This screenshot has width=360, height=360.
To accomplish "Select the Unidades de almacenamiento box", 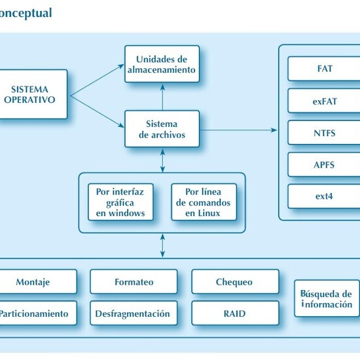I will click(x=162, y=63).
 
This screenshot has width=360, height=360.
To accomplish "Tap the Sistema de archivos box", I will click(x=162, y=129).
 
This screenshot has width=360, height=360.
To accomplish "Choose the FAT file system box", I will click(x=324, y=68).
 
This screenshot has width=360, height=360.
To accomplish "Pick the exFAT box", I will click(x=324, y=101).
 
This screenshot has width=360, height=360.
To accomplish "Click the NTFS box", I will click(x=324, y=133).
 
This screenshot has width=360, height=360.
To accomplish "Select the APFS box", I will click(x=324, y=164).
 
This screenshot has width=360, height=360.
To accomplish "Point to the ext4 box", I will click(x=324, y=196).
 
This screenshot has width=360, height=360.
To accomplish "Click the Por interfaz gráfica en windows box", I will click(x=120, y=202).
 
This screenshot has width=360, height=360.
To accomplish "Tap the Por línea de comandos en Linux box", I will click(x=202, y=202).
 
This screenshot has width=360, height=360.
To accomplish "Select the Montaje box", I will click(x=33, y=282).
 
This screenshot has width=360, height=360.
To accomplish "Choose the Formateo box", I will click(x=134, y=282).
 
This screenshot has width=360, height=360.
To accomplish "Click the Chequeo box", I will click(x=234, y=282).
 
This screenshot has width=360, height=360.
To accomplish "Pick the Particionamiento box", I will click(x=33, y=314).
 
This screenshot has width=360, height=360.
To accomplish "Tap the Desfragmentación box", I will click(x=134, y=314).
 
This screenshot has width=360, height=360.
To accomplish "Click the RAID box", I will click(x=234, y=314).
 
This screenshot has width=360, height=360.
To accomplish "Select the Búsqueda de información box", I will click(x=327, y=298).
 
